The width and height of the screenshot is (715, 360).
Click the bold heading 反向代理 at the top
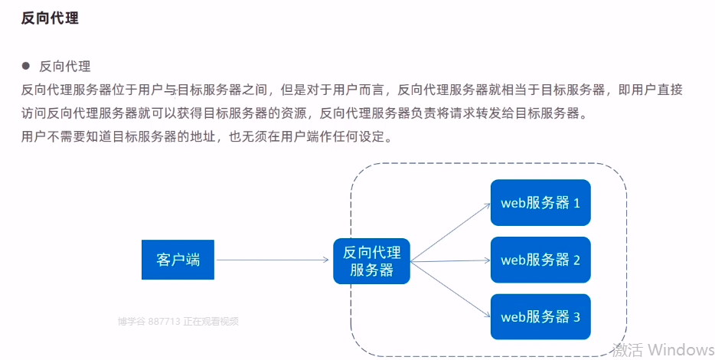point(50,18)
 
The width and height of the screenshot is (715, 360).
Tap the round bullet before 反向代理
point(25,66)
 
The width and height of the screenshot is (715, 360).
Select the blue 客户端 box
point(178,260)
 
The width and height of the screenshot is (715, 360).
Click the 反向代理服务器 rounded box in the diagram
point(371,261)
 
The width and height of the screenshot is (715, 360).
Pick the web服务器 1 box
point(540,202)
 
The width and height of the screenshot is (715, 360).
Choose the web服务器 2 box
point(540,260)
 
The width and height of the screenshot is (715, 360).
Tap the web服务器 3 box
point(540,316)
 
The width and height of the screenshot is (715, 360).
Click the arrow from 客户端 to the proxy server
point(273,260)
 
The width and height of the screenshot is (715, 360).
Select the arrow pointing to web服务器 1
point(451,232)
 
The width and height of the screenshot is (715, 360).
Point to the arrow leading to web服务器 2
point(451,261)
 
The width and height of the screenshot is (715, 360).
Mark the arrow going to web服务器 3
point(451,290)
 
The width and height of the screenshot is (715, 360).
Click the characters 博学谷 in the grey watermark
point(132,321)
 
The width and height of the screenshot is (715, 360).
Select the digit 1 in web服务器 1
point(576,203)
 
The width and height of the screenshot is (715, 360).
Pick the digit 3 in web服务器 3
point(576,317)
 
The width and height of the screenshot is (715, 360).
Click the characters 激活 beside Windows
point(628,350)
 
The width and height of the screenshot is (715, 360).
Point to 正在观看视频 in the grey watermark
point(211,321)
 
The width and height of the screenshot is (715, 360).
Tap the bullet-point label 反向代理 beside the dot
point(65,67)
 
